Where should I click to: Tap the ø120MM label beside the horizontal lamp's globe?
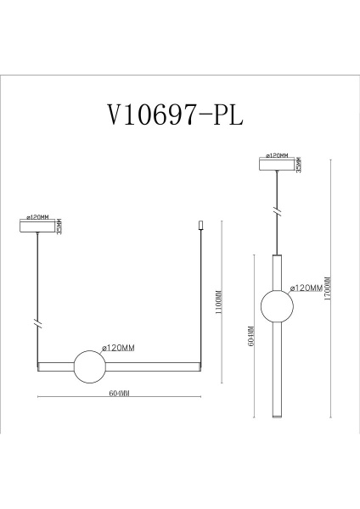(x=118, y=348)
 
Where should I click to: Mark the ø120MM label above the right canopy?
(x=277, y=155)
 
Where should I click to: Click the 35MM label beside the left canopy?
(x=59, y=226)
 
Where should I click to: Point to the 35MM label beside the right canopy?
(x=299, y=164)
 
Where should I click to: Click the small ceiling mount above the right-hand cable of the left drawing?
(x=200, y=226)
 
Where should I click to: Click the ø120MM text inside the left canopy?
(x=39, y=218)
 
